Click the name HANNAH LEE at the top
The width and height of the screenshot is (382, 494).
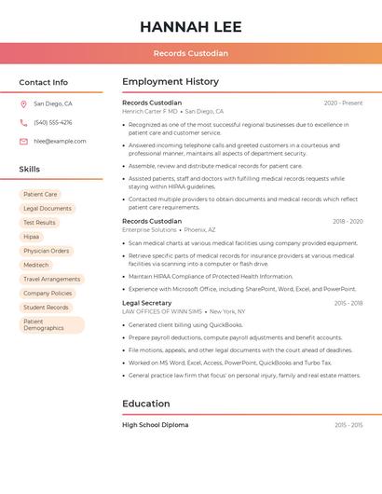pos(190,26)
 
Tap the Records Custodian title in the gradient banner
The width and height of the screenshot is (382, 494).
pos(190,53)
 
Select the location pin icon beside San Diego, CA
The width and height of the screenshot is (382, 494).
pos(23,104)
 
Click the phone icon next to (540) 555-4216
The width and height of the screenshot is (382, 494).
pos(23,123)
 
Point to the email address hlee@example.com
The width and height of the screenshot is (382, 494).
pos(60,142)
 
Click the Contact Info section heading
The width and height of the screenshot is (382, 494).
pos(43,82)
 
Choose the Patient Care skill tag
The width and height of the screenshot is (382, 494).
pos(40,195)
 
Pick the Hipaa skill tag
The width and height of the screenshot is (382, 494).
pos(32,237)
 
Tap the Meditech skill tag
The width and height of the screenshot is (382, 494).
pos(35,265)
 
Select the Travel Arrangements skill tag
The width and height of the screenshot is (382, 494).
pos(51,279)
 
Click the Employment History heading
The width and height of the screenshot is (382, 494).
pos(171,82)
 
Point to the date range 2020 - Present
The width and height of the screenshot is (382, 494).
pos(343,103)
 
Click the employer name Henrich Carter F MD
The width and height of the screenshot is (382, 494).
pos(149,111)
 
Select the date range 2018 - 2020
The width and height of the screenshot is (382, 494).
pos(347,222)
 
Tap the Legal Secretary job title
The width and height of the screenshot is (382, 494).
pos(146,303)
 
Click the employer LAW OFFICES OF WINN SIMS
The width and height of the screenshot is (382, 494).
pos(163,311)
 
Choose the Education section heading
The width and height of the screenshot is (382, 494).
pos(146,404)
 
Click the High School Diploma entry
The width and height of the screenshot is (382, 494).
pos(155,425)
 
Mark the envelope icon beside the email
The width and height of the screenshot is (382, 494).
pos(23,142)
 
